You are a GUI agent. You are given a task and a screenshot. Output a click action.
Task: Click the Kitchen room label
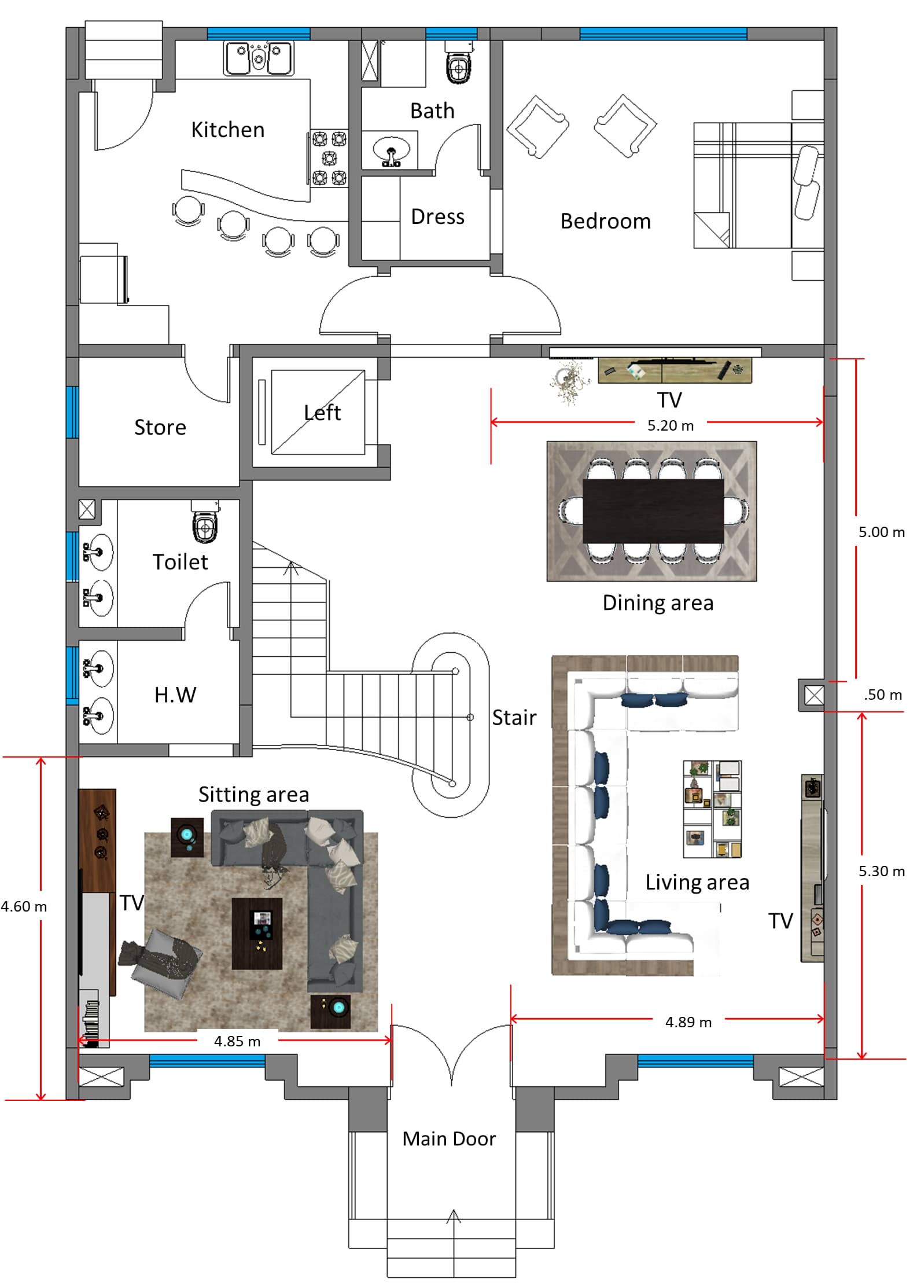(228, 130)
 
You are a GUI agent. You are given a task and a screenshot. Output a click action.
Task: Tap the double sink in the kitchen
(259, 58)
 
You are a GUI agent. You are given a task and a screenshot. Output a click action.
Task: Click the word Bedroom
(606, 221)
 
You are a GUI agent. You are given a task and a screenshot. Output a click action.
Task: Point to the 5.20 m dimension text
(671, 425)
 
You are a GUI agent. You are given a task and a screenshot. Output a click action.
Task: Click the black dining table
(653, 511)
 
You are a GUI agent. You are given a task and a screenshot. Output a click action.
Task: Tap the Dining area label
(658, 603)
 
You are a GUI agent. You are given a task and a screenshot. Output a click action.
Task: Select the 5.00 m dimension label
(882, 532)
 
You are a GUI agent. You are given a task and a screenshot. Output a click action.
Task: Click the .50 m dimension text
(883, 695)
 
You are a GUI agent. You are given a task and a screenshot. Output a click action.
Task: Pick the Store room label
(160, 427)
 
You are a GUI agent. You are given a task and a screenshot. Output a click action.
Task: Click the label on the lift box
(322, 413)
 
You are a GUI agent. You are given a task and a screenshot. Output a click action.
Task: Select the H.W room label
(175, 695)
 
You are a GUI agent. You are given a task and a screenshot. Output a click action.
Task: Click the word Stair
(514, 718)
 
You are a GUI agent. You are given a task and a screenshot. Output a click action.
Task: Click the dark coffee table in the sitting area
(257, 934)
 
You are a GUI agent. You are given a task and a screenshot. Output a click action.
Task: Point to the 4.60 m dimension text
(24, 906)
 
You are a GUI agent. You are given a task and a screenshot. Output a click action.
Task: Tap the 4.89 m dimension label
(688, 1022)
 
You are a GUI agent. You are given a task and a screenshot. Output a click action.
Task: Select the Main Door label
(449, 1138)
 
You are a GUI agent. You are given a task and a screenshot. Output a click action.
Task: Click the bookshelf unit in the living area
(712, 809)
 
